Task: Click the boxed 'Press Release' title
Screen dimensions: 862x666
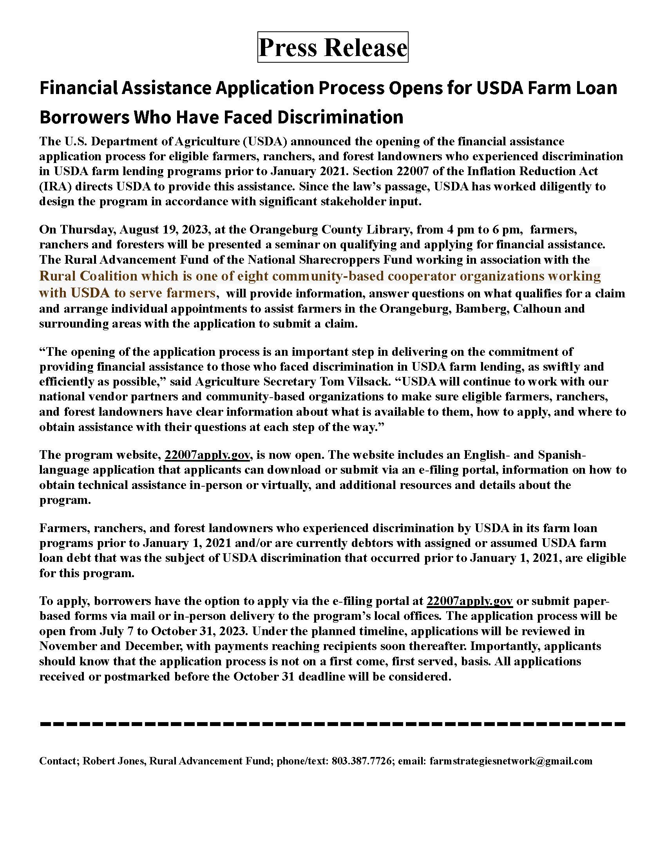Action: (x=333, y=47)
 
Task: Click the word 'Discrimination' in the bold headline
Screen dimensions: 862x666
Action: (x=340, y=117)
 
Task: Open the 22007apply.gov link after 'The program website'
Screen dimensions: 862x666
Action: (x=207, y=455)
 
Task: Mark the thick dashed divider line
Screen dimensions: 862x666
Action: (x=333, y=724)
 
